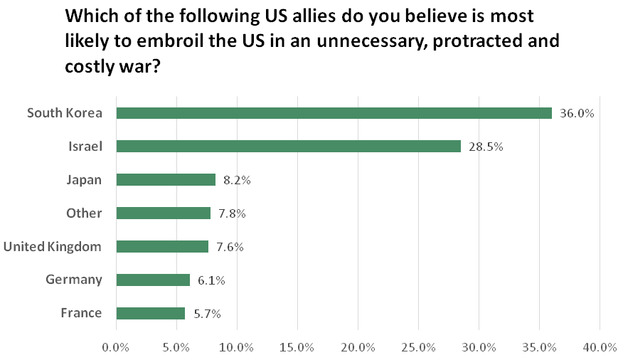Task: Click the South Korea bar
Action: pyautogui.click(x=334, y=113)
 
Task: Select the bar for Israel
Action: pyautogui.click(x=288, y=147)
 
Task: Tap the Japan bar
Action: pyautogui.click(x=165, y=180)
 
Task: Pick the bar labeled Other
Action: pyautogui.click(x=163, y=213)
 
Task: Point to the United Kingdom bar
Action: pyautogui.click(x=161, y=246)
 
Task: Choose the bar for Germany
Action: pyautogui.click(x=152, y=280)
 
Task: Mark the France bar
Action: pyautogui.click(x=150, y=313)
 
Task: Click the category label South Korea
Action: pyautogui.click(x=64, y=113)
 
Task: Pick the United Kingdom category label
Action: pyautogui.click(x=53, y=246)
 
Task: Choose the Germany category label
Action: pyautogui.click(x=74, y=280)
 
